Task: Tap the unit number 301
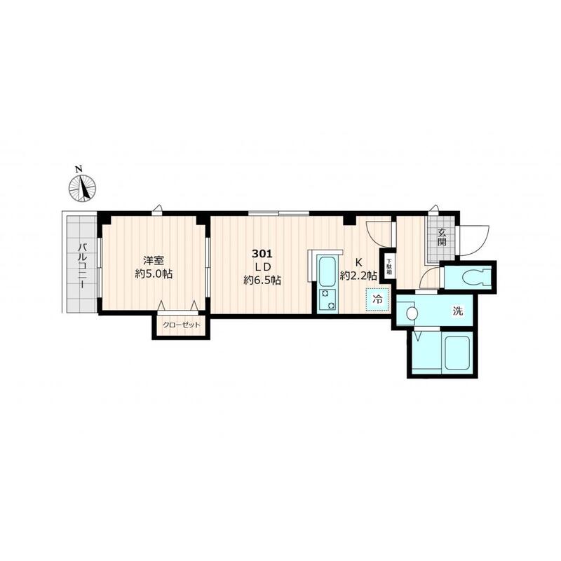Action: tap(262, 254)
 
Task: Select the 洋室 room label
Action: tap(154, 260)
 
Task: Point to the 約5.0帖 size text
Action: tap(154, 274)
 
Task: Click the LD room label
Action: tap(262, 267)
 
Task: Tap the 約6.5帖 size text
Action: tap(262, 280)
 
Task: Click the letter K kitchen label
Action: tap(358, 262)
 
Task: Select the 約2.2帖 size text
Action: tap(358, 276)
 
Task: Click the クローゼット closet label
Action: tap(182, 325)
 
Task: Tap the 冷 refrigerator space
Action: tap(377, 299)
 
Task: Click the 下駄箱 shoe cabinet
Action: tap(388, 266)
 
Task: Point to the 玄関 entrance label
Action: tap(442, 237)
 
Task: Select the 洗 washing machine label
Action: tap(458, 311)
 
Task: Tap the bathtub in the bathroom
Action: tap(457, 353)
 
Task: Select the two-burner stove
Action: tap(327, 300)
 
